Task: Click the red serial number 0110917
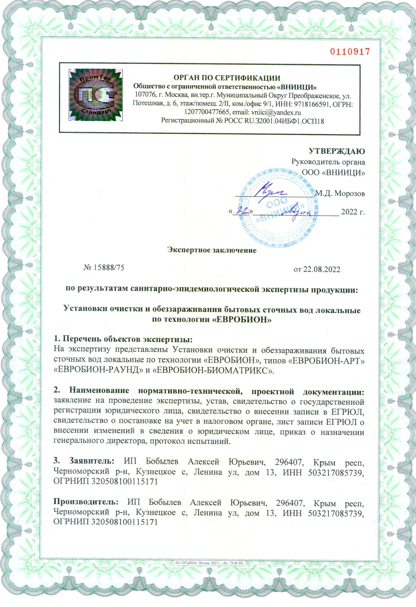coord(350,52)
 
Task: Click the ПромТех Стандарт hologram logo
coord(96,95)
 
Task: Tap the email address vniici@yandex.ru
coord(276,113)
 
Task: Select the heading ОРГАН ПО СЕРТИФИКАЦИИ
coord(227,77)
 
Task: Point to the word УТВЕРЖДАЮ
coord(337,151)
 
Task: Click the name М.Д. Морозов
coord(340,194)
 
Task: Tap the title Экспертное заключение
coord(212,250)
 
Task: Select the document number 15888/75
coord(108,267)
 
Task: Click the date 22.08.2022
coord(321,269)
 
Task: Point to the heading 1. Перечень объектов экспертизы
coord(123,339)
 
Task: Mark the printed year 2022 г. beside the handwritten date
coord(353,211)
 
